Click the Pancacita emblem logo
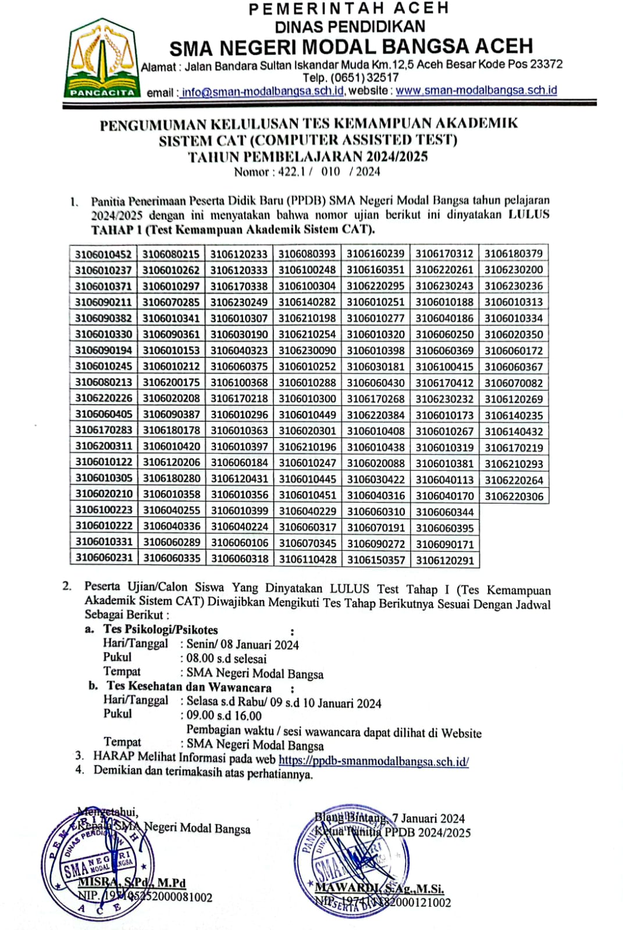[102, 58]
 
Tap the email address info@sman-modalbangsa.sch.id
[262, 92]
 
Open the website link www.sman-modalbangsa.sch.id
[476, 91]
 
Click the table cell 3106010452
[103, 254]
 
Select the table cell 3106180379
[513, 253]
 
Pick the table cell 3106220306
[514, 496]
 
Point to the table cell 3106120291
[445, 561]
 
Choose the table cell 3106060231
[104, 557]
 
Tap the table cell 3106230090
[307, 350]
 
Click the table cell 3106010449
[307, 414]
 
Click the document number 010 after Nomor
[330, 171]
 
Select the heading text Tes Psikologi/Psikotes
[161, 629]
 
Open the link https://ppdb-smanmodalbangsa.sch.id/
[374, 761]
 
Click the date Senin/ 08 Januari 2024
[243, 645]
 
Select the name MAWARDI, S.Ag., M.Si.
[379, 889]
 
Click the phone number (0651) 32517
[351, 77]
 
